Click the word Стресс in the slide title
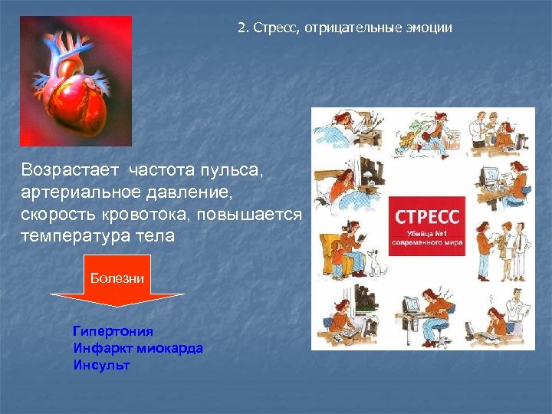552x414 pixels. point(274,28)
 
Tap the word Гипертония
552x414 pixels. point(113,331)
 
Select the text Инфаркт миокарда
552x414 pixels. point(138,348)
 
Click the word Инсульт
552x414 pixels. point(101,365)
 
